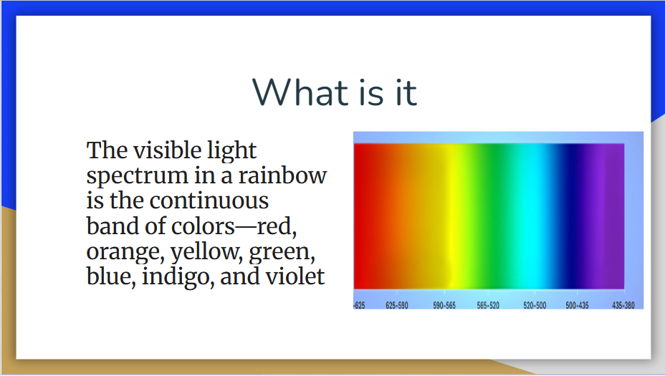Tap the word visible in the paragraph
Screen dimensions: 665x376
[168, 150]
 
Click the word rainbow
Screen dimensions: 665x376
[282, 175]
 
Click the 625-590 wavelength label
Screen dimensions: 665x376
[396, 305]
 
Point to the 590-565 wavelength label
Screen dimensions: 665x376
[444, 305]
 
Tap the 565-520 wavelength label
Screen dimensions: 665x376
[488, 305]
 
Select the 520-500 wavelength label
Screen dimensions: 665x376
[535, 305]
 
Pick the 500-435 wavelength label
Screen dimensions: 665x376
[577, 305]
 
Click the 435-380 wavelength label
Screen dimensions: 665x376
[623, 305]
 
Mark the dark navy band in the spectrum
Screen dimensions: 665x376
[570, 216]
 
